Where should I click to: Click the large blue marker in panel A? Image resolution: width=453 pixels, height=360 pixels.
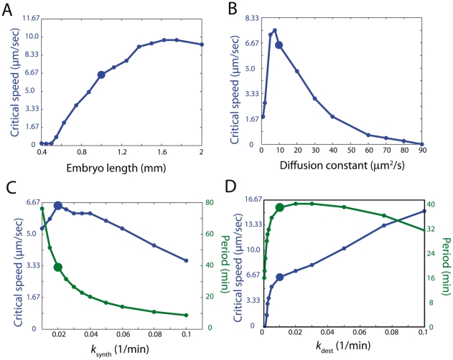pyautogui.click(x=102, y=75)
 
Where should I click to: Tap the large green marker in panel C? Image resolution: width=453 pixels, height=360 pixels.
pyautogui.click(x=58, y=267)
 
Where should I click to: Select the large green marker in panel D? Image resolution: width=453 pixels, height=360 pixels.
pyautogui.click(x=280, y=207)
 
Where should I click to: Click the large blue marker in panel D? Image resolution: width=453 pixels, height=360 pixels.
pyautogui.click(x=280, y=277)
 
